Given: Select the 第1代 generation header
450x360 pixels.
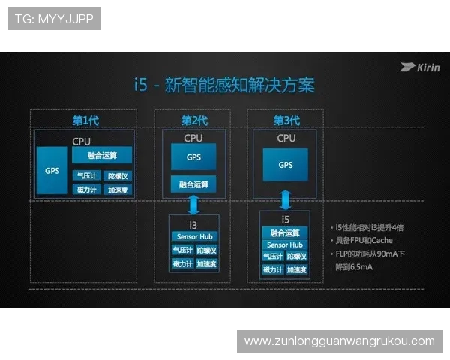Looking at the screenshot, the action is coord(85,121).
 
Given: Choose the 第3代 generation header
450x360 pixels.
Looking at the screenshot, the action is coord(286,121).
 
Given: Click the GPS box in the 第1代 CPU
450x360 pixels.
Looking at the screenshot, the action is coord(52,170).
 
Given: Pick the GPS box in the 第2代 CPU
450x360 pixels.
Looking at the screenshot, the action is coord(193,157).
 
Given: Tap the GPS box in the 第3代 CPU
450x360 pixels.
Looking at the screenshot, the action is coord(286,165).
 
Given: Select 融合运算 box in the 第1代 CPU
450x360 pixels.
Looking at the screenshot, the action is coord(102,155).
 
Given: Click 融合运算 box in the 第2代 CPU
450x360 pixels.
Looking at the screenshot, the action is coord(193,184).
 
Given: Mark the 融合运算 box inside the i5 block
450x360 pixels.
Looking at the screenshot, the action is coord(285,232).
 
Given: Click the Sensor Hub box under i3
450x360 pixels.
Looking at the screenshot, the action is coord(193,237).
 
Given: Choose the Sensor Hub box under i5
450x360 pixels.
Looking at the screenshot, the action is coord(285,244).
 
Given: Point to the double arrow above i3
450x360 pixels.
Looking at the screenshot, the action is coord(193,204).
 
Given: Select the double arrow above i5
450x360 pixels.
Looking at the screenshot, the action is coord(286,199).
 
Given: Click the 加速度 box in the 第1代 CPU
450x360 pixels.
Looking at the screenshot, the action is coord(118,190).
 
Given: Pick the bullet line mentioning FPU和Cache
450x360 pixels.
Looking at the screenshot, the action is coord(364,240).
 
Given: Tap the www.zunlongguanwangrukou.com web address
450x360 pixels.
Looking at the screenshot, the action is coord(339,341).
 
